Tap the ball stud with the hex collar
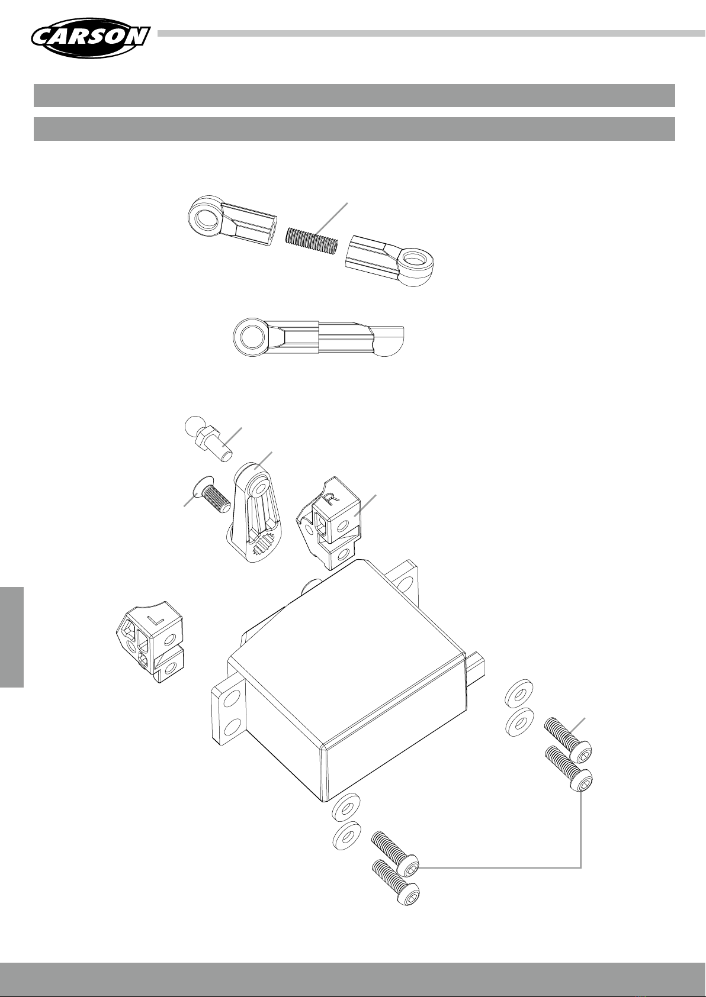click(x=208, y=438)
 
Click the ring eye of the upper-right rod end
click(x=416, y=261)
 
